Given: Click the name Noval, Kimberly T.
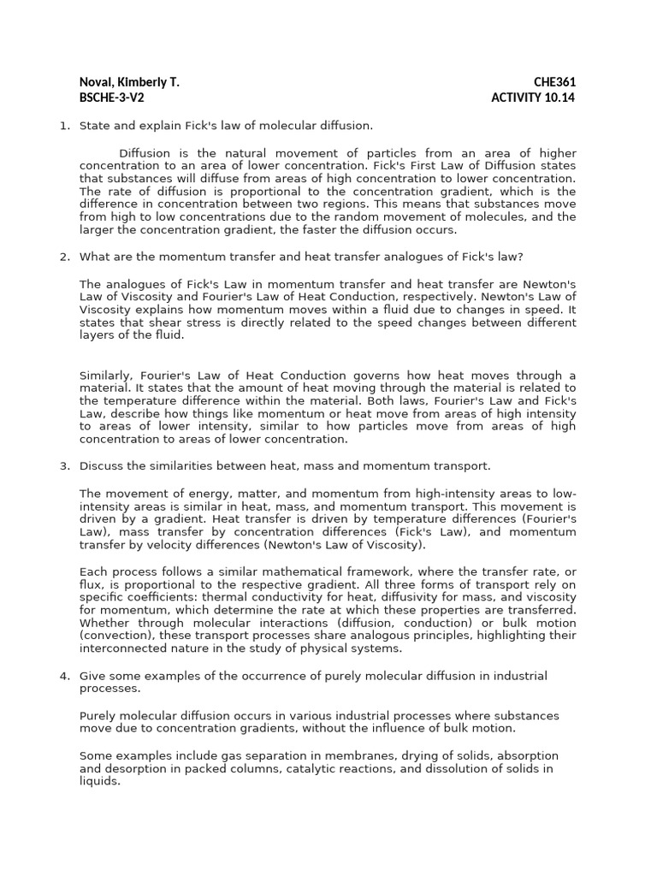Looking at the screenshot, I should (129, 82).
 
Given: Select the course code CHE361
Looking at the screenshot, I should (554, 82).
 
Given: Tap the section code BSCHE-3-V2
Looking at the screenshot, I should (111, 97).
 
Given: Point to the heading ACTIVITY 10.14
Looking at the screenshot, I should (533, 97).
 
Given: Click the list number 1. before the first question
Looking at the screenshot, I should (64, 126).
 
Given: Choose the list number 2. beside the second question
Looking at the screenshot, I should (64, 257).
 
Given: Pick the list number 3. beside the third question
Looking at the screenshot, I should (64, 465).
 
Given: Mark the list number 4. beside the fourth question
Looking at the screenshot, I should (64, 676).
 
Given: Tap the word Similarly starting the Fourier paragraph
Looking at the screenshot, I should (106, 375).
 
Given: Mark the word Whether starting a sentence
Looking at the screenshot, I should (104, 623).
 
